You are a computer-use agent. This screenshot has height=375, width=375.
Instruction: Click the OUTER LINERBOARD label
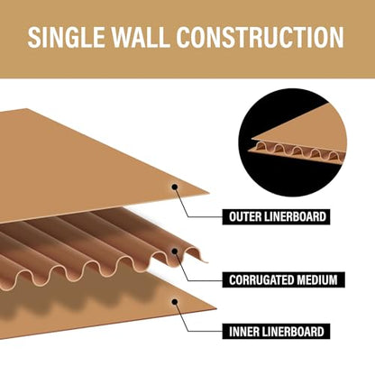276,216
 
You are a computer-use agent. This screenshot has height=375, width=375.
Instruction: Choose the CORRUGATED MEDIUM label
283,279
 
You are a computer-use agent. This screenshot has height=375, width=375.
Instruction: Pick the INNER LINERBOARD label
276,332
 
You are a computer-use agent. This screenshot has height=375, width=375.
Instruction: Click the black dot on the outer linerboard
175,187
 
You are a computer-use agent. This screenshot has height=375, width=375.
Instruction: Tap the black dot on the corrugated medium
175,252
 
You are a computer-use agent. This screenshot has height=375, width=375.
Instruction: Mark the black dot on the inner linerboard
175,301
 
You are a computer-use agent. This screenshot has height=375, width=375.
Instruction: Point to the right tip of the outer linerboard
209,193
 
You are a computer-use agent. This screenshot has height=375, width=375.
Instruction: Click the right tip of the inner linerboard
216,308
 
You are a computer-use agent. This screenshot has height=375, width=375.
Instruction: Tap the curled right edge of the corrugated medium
201,255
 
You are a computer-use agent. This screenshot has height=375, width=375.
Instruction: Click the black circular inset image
292,142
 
